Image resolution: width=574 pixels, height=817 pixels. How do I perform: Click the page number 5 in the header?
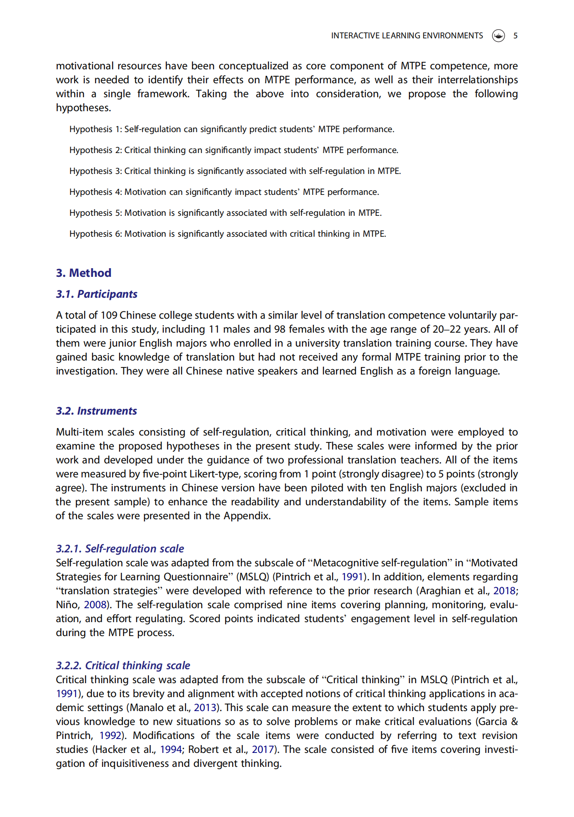click(515, 36)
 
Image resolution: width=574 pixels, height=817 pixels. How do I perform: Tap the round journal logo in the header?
click(498, 36)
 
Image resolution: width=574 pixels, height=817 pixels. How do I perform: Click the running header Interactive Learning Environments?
click(407, 36)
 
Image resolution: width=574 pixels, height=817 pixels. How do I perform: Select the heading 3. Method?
click(83, 273)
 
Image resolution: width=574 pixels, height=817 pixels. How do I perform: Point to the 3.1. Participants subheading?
click(96, 294)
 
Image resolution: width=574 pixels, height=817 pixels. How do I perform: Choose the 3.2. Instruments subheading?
click(96, 411)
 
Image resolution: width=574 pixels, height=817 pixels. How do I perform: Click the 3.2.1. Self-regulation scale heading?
click(120, 549)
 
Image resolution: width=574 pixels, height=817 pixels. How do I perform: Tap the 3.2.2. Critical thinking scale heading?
click(123, 666)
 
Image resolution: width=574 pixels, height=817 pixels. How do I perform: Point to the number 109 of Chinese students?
click(109, 316)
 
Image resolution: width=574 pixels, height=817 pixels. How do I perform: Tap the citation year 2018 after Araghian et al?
click(505, 591)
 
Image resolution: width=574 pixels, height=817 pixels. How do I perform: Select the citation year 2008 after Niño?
click(95, 605)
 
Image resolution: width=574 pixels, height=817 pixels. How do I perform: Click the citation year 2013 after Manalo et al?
click(205, 708)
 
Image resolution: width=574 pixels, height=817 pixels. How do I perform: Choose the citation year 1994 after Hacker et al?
click(171, 750)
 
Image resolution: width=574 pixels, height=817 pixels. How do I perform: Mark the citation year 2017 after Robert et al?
click(263, 750)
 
